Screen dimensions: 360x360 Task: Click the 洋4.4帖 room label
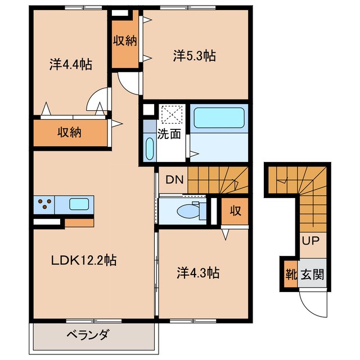tap(71, 64)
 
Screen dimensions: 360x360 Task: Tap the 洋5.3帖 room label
tap(195, 56)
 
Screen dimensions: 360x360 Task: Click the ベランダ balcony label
tap(88, 335)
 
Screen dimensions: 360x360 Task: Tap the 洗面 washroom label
tap(169, 134)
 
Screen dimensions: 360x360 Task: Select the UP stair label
tap(310, 241)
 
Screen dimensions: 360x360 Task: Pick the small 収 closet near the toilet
tap(235, 211)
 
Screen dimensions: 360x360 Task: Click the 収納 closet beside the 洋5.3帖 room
tap(123, 40)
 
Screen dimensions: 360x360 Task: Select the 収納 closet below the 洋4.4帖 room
tap(70, 133)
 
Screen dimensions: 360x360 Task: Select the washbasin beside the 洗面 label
tap(149, 149)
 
